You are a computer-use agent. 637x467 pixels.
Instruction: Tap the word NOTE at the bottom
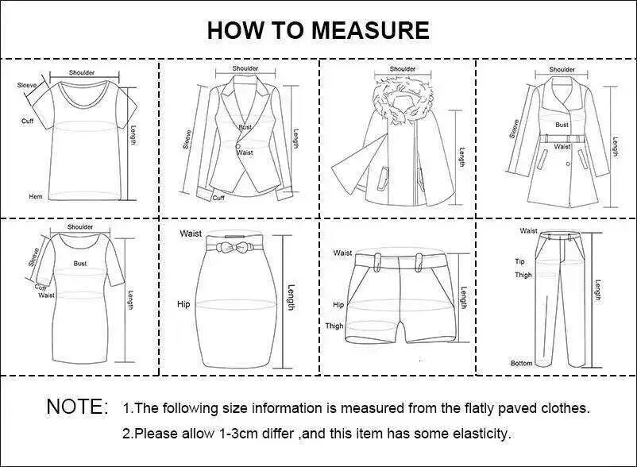pos(73,407)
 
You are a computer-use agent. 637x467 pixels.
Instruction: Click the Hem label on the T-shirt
pos(35,196)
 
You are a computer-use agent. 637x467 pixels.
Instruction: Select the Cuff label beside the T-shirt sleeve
pos(27,121)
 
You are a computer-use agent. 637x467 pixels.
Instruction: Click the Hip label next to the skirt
pos(183,304)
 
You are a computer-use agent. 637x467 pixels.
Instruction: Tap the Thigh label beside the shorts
pos(334,326)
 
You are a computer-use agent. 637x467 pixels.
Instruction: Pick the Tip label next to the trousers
pos(519,261)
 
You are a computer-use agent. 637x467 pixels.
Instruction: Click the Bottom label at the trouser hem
pos(521,363)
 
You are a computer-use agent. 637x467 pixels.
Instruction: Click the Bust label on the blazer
pos(245,127)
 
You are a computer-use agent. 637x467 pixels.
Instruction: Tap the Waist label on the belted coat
pos(562,146)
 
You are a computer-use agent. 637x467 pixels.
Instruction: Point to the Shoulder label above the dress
pos(80,227)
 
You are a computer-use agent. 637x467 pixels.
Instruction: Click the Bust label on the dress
pos(80,264)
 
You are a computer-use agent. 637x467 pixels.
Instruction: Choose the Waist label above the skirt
pos(191,234)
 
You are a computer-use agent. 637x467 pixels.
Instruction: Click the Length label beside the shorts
pos(464,297)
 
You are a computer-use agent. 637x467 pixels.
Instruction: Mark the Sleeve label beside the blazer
pos(187,139)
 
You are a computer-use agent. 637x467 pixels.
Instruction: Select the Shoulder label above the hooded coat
pos(403,69)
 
